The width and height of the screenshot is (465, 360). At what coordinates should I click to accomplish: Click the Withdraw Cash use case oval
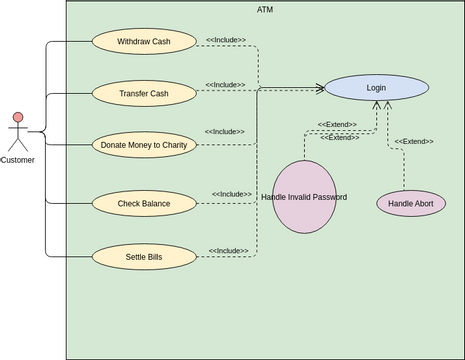(144, 41)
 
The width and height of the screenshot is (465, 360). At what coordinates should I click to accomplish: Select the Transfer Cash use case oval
(144, 93)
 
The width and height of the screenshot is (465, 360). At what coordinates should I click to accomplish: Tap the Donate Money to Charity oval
(144, 145)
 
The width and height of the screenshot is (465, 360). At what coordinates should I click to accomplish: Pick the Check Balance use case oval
(144, 204)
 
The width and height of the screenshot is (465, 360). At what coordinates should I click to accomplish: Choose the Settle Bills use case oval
(144, 257)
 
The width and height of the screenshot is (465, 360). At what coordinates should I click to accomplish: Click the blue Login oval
(376, 88)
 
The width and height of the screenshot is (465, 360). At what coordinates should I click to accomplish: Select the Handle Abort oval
(410, 203)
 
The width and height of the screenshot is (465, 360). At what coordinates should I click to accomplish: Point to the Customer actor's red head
(17, 118)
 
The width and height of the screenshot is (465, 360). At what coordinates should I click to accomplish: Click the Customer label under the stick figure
(17, 160)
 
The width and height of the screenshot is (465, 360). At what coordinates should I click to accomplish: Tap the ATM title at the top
(264, 9)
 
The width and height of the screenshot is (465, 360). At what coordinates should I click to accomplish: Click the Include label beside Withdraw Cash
(226, 40)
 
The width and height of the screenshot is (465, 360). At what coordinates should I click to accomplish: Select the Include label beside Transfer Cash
(226, 84)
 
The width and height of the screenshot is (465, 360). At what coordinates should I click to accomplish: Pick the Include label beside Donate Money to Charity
(225, 131)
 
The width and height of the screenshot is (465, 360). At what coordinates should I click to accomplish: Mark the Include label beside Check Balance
(232, 194)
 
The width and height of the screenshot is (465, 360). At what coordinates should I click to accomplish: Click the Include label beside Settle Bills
(229, 251)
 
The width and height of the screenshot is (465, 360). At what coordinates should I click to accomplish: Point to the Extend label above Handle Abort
(414, 141)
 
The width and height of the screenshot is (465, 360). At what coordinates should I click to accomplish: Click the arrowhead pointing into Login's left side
(320, 88)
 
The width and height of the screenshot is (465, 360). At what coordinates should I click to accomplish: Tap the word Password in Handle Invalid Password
(328, 197)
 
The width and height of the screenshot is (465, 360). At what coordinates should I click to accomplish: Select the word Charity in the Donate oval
(173, 145)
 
